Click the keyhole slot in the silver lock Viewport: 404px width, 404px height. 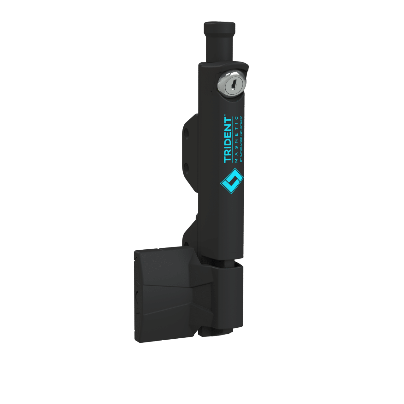[x=233, y=85]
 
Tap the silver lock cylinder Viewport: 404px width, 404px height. [x=232, y=84]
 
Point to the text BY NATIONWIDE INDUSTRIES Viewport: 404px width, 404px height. [x=241, y=139]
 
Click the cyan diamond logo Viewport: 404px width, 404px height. [x=232, y=181]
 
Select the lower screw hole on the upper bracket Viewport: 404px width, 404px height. [x=187, y=166]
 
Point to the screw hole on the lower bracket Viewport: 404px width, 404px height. [x=187, y=244]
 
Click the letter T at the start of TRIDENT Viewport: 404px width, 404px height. [x=227, y=159]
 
